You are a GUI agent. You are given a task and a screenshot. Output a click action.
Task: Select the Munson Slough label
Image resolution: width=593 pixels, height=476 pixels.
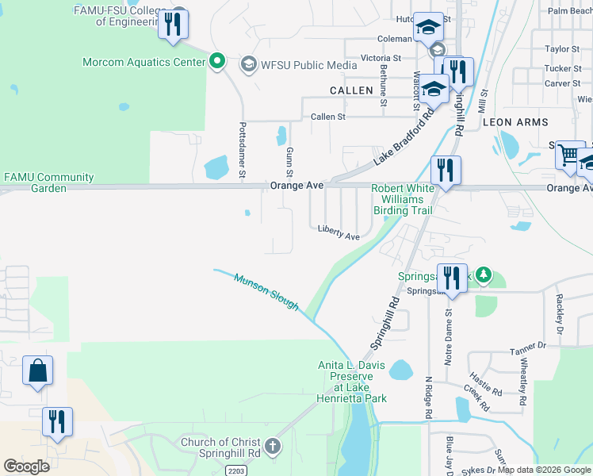[x=266, y=291]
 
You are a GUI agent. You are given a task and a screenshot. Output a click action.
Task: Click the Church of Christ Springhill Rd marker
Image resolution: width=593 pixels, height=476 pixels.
[x=273, y=446]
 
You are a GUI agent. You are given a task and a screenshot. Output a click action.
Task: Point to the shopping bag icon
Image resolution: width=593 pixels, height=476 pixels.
[x=37, y=370]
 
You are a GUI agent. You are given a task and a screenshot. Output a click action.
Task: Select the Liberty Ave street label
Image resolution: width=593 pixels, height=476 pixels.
[x=339, y=232]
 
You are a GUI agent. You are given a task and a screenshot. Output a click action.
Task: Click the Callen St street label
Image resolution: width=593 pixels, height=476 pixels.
[x=328, y=117]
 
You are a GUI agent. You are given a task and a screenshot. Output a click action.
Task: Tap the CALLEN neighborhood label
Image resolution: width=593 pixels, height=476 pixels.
[x=351, y=90]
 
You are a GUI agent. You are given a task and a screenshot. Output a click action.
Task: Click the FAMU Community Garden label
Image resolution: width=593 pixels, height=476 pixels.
[x=49, y=183]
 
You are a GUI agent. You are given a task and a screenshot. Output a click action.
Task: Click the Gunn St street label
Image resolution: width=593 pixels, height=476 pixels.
[x=290, y=161]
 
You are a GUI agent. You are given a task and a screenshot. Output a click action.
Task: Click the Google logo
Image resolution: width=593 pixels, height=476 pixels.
[x=26, y=466]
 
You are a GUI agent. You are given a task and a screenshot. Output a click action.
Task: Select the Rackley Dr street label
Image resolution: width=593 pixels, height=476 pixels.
[x=560, y=313]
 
